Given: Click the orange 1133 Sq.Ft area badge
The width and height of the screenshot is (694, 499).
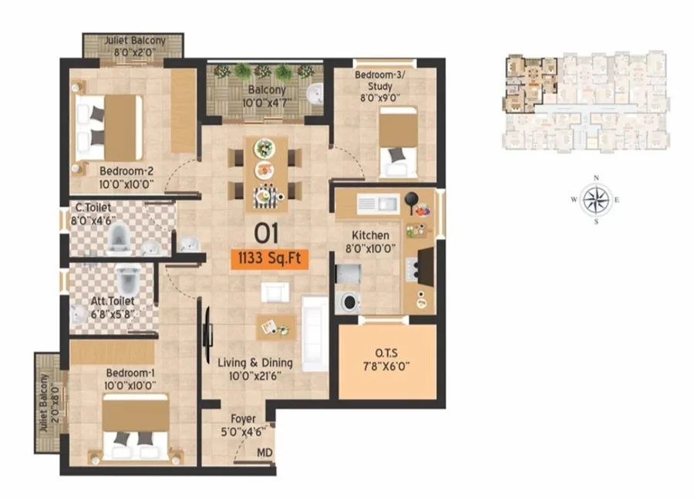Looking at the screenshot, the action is pyautogui.click(x=270, y=258).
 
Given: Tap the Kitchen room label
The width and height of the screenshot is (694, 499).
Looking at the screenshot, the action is pyautogui.click(x=370, y=235).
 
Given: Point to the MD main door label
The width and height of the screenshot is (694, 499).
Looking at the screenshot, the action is pyautogui.click(x=264, y=453).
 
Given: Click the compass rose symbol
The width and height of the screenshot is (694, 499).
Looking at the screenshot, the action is pyautogui.click(x=596, y=200).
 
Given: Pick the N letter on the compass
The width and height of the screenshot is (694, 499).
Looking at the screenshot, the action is pyautogui.click(x=596, y=178).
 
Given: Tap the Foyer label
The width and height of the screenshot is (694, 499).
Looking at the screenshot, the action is pyautogui.click(x=243, y=419).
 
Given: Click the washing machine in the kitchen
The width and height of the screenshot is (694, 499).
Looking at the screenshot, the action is pyautogui.click(x=349, y=302).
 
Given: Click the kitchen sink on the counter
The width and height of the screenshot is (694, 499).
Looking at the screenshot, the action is pyautogui.click(x=378, y=204).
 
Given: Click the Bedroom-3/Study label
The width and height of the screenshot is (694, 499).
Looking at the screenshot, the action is pyautogui.click(x=379, y=80).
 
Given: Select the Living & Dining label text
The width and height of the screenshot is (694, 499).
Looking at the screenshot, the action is pyautogui.click(x=255, y=363).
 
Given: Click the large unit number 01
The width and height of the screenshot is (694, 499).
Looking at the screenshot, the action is pyautogui.click(x=266, y=234).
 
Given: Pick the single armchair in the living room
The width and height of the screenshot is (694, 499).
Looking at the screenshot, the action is pyautogui.click(x=275, y=292).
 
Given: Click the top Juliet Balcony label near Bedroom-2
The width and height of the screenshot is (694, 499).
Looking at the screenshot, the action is pyautogui.click(x=134, y=41).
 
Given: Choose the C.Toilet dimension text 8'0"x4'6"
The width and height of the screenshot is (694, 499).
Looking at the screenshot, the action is pyautogui.click(x=93, y=220).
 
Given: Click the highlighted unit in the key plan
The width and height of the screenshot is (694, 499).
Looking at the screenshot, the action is pyautogui.click(x=531, y=84).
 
